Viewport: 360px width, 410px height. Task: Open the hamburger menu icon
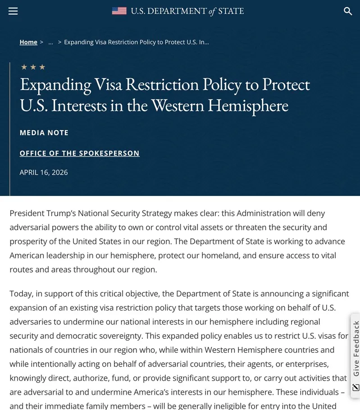pyautogui.click(x=13, y=11)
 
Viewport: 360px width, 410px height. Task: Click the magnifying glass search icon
pyautogui.click(x=348, y=11)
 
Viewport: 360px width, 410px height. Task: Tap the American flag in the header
pyautogui.click(x=119, y=11)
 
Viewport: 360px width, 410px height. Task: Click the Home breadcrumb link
pyautogui.click(x=28, y=42)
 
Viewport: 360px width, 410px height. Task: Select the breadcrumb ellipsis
pyautogui.click(x=50, y=42)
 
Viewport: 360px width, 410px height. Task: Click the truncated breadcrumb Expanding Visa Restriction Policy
pyautogui.click(x=136, y=42)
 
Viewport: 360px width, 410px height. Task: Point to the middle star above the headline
pyautogui.click(x=33, y=67)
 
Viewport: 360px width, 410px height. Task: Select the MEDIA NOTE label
pyautogui.click(x=44, y=133)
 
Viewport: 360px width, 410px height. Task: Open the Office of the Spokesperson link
pyautogui.click(x=80, y=153)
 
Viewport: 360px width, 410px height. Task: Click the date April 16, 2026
pyautogui.click(x=44, y=172)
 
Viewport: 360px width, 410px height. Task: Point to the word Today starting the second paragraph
pyautogui.click(x=21, y=294)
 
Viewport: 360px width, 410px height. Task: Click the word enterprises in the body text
pyautogui.click(x=306, y=364)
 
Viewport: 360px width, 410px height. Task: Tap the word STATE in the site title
pyautogui.click(x=231, y=11)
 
